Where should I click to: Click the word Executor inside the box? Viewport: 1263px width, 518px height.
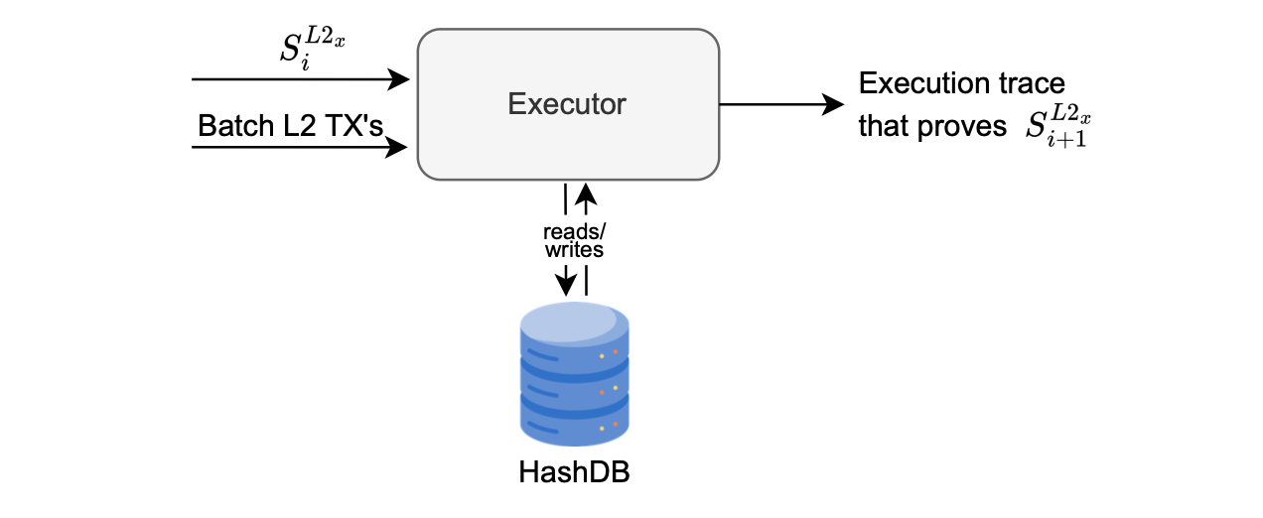pyautogui.click(x=567, y=104)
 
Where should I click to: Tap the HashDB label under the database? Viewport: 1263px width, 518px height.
pyautogui.click(x=574, y=472)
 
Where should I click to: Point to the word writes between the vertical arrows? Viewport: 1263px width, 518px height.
pyautogui.click(x=574, y=249)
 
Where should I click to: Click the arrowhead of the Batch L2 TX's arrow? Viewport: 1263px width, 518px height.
pyautogui.click(x=399, y=148)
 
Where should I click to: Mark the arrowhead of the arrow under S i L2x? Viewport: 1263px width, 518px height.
pyautogui.click(x=400, y=78)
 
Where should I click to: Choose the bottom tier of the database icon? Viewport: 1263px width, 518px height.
pyautogui.click(x=574, y=423)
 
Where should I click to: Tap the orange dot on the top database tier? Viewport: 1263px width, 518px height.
pyautogui.click(x=615, y=352)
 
